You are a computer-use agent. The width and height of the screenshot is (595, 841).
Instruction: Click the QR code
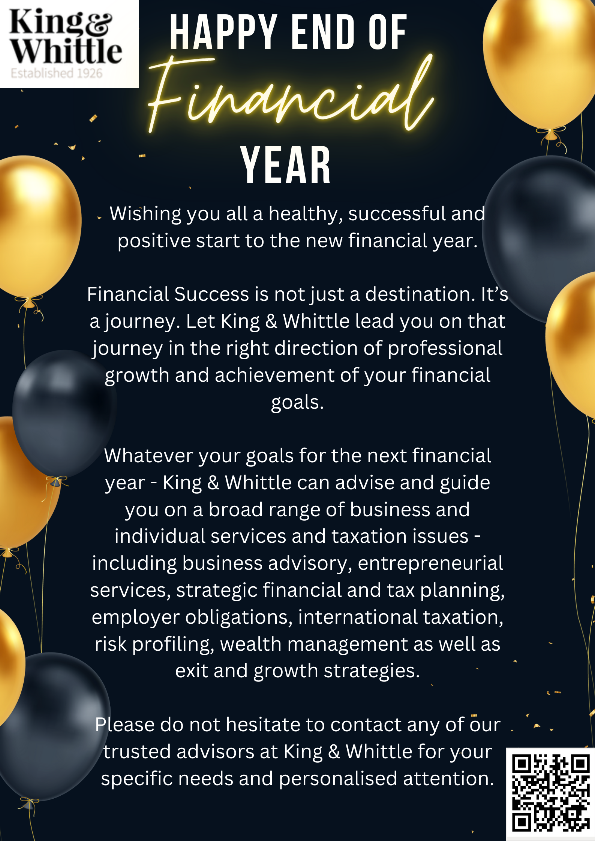tap(550, 794)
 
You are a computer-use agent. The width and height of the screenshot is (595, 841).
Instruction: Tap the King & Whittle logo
tap(69, 44)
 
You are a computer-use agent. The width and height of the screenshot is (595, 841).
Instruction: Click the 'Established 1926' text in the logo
tap(57, 73)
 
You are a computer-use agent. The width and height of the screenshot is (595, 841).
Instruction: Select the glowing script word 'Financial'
tap(291, 94)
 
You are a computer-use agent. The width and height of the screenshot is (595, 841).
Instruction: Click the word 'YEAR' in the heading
tap(285, 165)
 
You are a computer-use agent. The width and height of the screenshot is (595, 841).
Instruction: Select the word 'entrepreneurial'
tap(430, 564)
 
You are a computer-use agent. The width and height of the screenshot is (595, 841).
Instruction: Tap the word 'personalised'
tap(338, 779)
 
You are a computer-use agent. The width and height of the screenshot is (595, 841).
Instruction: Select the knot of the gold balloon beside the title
tap(550, 134)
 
